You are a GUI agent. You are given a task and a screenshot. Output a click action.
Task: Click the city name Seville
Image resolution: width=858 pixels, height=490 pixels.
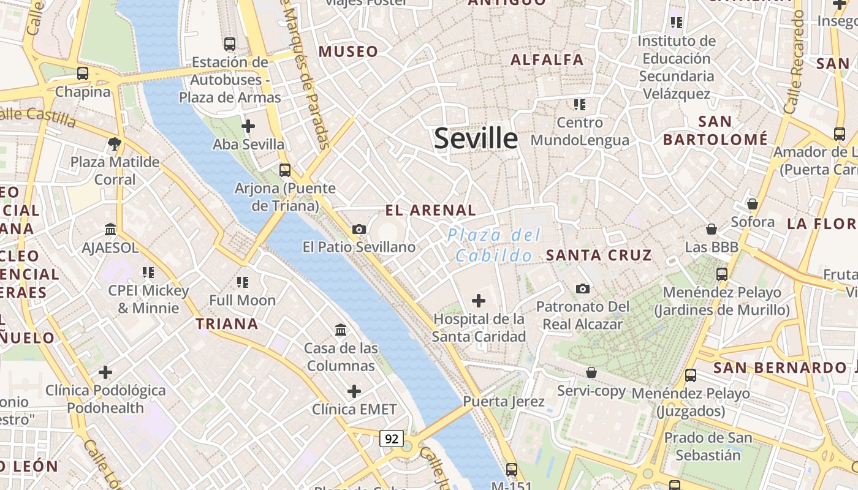(476, 139)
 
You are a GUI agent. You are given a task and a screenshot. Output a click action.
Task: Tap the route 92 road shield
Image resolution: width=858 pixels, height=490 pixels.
(392, 439)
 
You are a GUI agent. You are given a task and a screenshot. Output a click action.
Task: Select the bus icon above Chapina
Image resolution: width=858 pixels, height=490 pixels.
(83, 73)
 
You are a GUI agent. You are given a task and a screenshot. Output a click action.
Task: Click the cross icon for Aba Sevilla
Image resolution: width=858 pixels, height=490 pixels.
(248, 127)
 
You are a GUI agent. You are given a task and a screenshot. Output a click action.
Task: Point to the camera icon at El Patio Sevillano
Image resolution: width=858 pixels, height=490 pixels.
(359, 229)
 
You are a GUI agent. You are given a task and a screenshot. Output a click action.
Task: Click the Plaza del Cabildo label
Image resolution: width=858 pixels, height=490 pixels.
(494, 245)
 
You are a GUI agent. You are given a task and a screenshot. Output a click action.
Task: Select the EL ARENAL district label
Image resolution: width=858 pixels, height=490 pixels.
(430, 210)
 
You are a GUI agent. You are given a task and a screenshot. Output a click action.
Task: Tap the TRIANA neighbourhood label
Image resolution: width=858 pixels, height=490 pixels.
(227, 323)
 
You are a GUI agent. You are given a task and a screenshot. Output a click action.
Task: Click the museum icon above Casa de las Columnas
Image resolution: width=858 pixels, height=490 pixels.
(341, 331)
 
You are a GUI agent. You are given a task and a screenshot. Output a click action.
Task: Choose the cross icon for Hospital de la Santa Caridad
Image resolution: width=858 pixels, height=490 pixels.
(479, 301)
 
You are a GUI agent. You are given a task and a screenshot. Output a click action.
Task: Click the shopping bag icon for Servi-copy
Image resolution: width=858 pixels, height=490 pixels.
(591, 372)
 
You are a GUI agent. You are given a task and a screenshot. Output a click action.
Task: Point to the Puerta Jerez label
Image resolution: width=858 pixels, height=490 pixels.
(504, 402)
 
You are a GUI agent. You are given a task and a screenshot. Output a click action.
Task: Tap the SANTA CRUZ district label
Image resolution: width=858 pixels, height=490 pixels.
(599, 255)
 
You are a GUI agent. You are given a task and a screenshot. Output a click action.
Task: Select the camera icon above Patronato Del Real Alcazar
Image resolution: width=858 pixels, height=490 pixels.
(583, 288)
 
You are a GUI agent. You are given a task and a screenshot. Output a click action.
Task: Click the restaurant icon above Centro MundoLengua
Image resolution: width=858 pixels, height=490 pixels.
(580, 105)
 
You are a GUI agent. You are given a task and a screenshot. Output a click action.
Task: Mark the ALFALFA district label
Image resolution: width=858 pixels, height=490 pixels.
(547, 59)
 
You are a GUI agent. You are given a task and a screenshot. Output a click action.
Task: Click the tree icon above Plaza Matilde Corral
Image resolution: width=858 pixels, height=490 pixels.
(114, 144)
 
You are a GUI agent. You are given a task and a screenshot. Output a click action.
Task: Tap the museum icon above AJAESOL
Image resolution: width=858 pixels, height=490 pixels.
(110, 230)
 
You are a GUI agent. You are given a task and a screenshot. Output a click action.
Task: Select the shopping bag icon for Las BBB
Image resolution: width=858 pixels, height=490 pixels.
(712, 229)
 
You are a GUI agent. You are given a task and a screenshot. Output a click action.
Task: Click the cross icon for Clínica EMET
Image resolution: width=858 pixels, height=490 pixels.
(354, 391)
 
